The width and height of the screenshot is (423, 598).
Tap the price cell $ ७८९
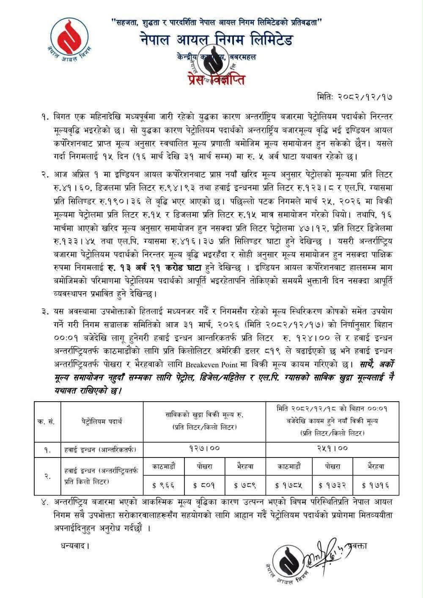click(x=245, y=483)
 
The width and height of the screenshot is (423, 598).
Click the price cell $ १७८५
click(x=289, y=483)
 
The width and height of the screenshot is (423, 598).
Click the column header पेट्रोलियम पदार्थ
click(x=102, y=421)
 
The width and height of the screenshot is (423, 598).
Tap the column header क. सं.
click(x=47, y=421)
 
